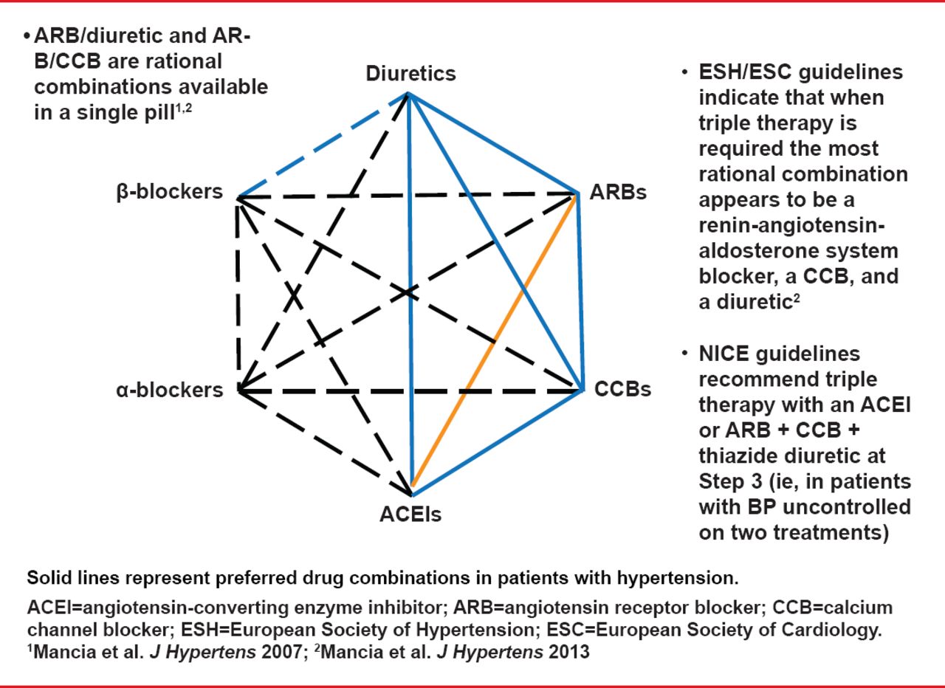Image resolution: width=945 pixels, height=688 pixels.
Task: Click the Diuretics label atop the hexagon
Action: click(x=410, y=74)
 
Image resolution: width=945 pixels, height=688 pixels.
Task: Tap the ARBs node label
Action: click(x=618, y=193)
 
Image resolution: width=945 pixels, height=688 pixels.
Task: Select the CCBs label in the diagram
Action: click(x=622, y=388)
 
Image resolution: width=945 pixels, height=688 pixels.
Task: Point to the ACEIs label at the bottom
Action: click(x=410, y=513)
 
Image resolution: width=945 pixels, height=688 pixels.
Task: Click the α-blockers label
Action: click(x=169, y=389)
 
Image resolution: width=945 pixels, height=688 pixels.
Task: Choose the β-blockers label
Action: click(x=168, y=193)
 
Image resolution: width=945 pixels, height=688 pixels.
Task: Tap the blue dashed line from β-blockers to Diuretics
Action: click(x=323, y=145)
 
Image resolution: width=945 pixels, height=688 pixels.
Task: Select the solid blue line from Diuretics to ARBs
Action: click(x=492, y=144)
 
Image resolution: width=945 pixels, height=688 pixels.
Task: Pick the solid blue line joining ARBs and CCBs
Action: click(x=577, y=292)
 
